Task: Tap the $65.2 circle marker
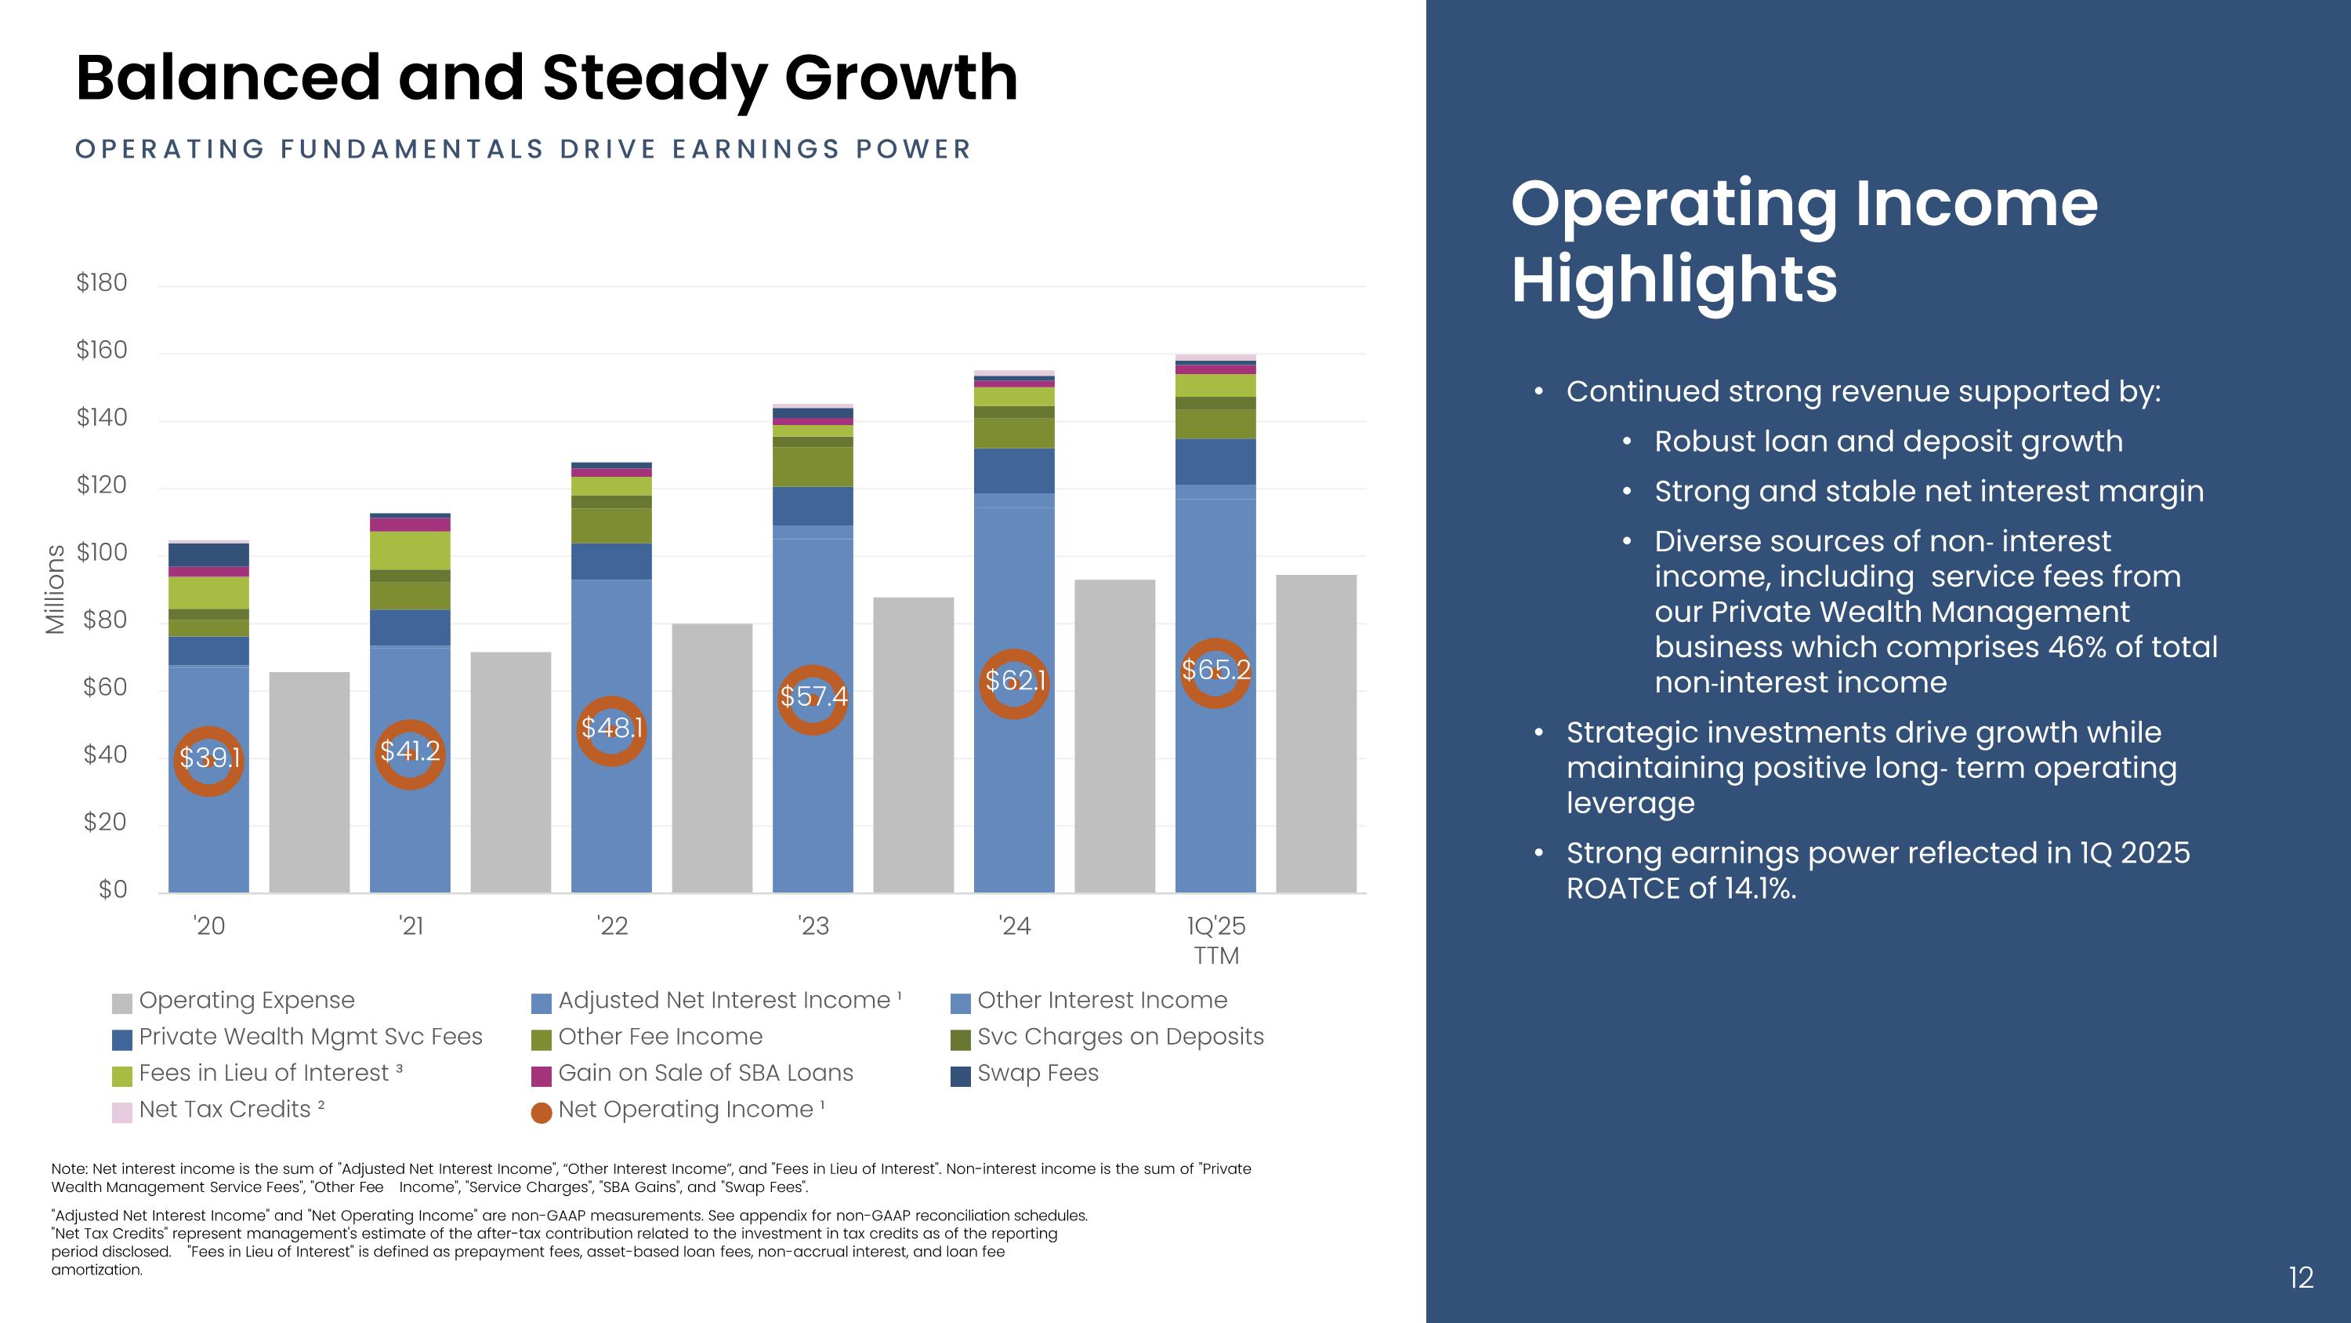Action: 1215,673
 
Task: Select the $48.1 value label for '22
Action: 611,728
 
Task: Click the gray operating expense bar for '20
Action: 310,782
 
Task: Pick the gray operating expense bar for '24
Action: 1114,735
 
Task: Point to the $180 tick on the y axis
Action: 101,283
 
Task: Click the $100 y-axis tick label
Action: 101,552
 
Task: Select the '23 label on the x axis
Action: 813,926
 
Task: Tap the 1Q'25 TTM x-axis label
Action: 1215,940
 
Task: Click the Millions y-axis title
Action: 55,589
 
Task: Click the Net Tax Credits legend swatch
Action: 121,1112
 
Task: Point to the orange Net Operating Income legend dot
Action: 542,1112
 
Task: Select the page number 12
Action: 2301,1278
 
